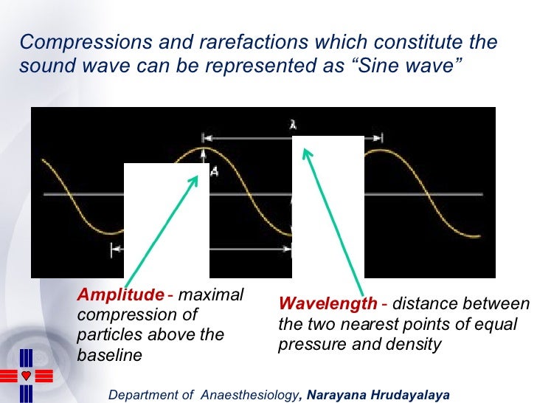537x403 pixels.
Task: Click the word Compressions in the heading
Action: [x=70, y=43]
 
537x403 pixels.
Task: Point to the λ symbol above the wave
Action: [x=293, y=126]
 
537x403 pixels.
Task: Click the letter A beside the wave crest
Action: [x=215, y=171]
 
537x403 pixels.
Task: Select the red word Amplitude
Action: [x=121, y=295]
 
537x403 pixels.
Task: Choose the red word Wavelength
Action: [x=328, y=304]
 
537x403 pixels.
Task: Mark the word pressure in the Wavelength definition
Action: [x=309, y=344]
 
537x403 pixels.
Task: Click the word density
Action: [x=415, y=344]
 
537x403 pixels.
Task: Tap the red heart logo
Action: [x=27, y=375]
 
